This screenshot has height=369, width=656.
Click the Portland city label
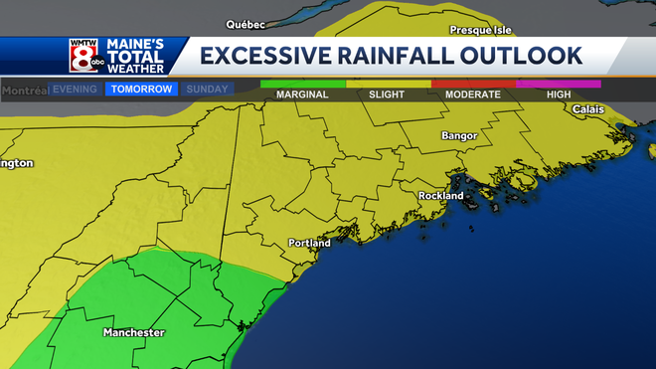click(x=308, y=243)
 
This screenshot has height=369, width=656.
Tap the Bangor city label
click(x=459, y=135)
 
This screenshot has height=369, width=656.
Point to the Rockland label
click(x=440, y=196)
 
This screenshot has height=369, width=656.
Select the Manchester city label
click(x=133, y=332)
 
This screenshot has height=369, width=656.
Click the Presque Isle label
click(x=480, y=30)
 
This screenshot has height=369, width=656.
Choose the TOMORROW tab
click(x=141, y=89)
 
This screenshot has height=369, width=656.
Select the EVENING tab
click(x=75, y=89)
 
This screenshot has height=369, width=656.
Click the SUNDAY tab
click(x=207, y=89)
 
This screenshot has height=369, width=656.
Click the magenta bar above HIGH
click(x=559, y=85)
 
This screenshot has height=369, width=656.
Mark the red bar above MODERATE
click(x=473, y=85)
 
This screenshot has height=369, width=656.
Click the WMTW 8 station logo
click(x=82, y=56)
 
